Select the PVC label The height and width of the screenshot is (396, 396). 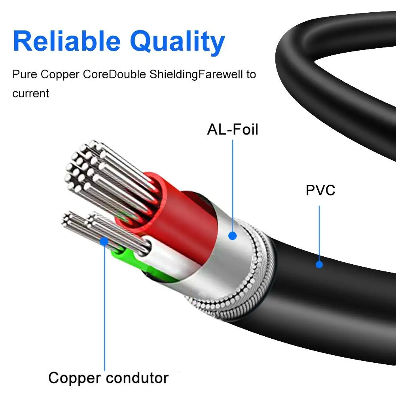[320, 190]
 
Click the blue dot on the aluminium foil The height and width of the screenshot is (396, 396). [233, 236]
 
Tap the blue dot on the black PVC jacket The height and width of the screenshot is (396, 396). [319, 264]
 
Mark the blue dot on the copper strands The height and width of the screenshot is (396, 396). [104, 240]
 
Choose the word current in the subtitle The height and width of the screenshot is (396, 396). [31, 94]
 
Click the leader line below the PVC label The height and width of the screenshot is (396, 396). [319, 229]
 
